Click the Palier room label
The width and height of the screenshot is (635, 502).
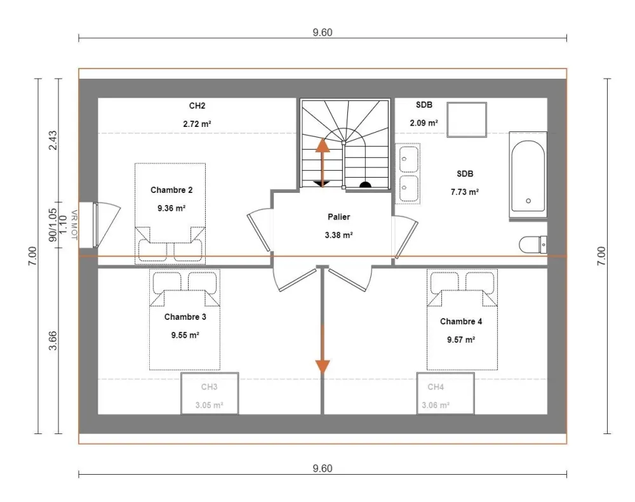(x=338, y=217)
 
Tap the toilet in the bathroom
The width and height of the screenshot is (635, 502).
(x=533, y=245)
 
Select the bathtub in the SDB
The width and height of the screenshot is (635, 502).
(x=528, y=176)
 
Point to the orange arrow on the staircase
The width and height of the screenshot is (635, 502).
(x=323, y=162)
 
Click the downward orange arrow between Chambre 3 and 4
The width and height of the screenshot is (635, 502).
(x=323, y=349)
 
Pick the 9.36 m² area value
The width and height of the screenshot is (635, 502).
(x=171, y=208)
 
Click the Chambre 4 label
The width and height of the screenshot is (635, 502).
(x=461, y=321)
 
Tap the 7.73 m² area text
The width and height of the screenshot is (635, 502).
(x=465, y=192)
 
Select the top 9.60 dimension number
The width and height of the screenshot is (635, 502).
(x=323, y=32)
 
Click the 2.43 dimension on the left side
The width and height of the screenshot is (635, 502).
(x=53, y=140)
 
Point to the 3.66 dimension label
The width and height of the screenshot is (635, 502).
(x=53, y=341)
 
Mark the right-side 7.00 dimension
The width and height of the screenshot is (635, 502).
(x=601, y=256)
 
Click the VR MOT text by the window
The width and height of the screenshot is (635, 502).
(x=74, y=225)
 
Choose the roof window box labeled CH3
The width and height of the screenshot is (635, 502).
(x=210, y=393)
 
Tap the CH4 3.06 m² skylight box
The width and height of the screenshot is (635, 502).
(x=446, y=393)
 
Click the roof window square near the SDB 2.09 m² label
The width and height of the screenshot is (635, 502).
(x=467, y=120)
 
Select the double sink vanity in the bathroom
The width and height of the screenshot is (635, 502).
(x=408, y=174)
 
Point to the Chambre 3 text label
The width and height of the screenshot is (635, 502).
(x=185, y=317)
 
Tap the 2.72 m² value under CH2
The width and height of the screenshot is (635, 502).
(x=197, y=124)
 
